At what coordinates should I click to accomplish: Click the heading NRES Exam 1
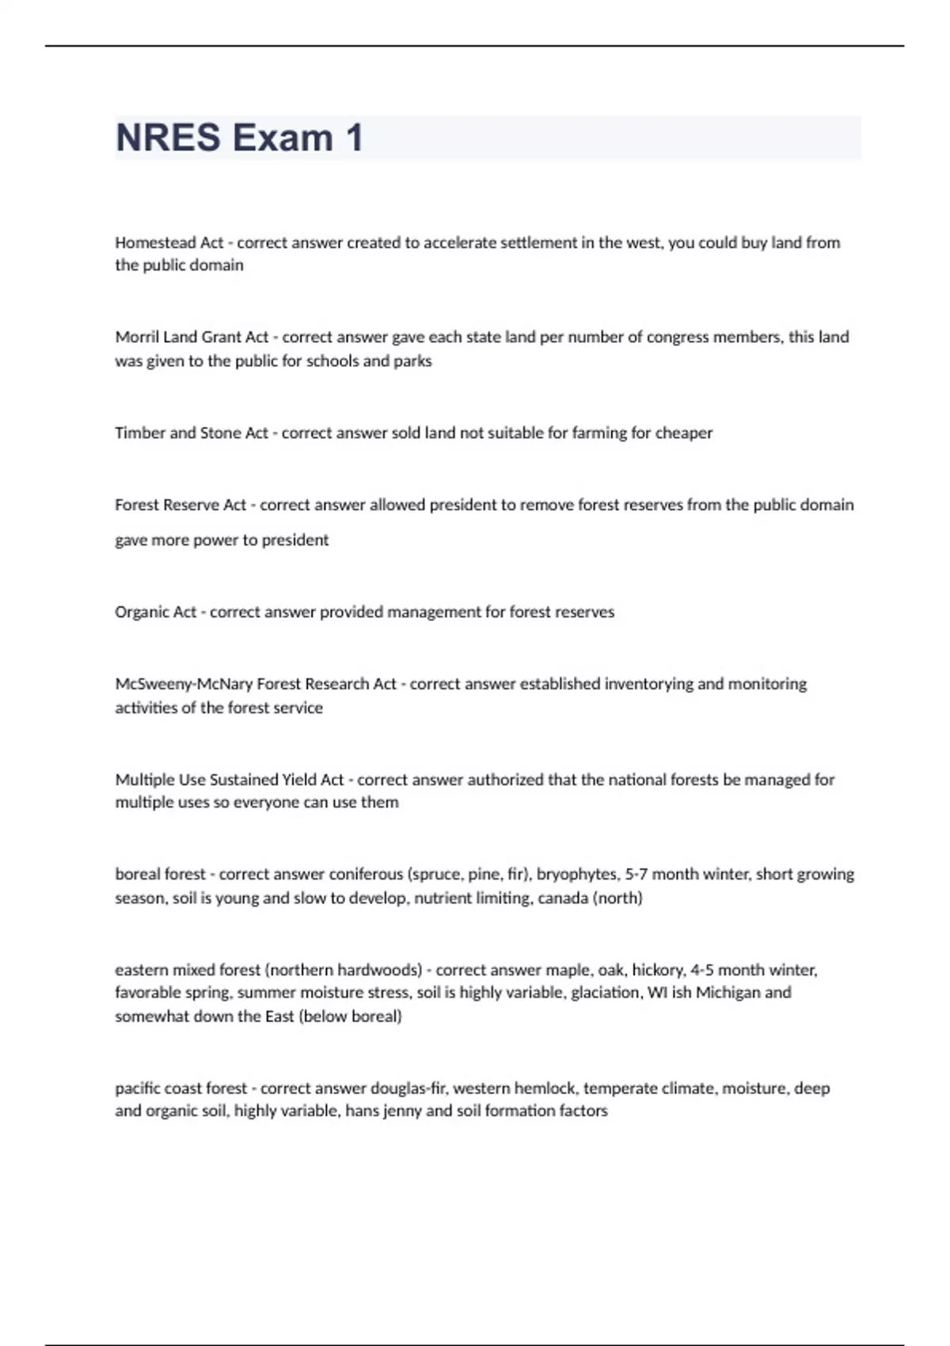coord(239,138)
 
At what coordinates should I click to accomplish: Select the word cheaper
coord(684,433)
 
